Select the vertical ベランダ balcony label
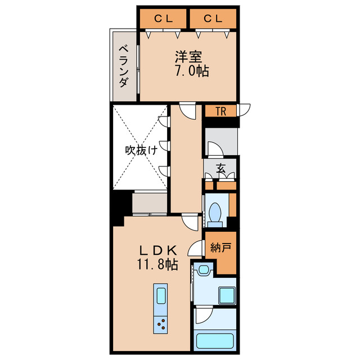click(123, 66)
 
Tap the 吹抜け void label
click(139, 151)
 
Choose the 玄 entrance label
click(221, 167)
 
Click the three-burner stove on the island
click(161, 323)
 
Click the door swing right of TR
click(244, 110)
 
